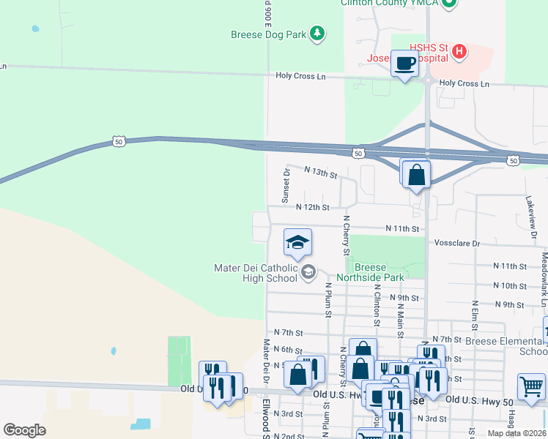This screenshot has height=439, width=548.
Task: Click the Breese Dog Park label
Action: pos(267,34)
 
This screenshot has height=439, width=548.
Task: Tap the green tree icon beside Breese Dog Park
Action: pos(316,33)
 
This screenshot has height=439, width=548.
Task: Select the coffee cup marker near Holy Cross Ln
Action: pos(404,64)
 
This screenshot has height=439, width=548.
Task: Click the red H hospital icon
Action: pos(459,50)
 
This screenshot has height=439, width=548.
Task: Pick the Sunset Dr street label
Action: pos(286,186)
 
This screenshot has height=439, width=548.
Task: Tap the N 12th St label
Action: pos(313,208)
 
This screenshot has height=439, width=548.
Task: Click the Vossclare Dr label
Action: pos(456,243)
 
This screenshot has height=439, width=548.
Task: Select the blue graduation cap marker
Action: pos(297,243)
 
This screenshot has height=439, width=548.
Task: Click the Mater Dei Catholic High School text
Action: pos(256,273)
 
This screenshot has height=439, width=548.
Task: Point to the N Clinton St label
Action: pos(377,304)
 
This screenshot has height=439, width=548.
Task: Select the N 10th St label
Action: pos(509,285)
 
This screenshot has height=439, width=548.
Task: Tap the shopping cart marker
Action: pos(531,386)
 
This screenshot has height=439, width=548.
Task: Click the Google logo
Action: pos(25,430)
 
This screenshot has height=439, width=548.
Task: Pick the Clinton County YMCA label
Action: pos(390,3)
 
